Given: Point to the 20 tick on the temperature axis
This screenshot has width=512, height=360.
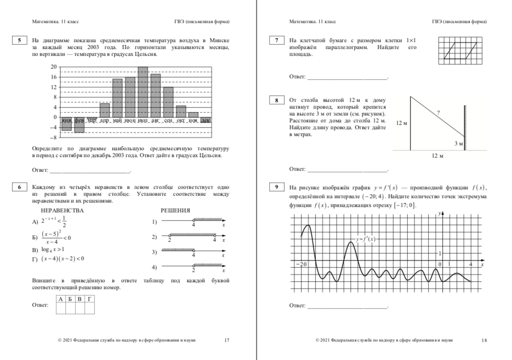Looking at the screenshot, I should (53, 67).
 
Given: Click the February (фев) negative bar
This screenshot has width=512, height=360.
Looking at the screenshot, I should (79, 125).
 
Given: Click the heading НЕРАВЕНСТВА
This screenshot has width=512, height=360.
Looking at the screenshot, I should (62, 210).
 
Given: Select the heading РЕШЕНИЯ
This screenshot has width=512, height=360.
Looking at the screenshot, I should (176, 210).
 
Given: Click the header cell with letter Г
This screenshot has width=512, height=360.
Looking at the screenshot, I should (89, 298).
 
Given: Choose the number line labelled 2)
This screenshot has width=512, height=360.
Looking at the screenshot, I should (192, 237).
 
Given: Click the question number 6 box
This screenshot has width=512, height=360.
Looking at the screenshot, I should (19, 187).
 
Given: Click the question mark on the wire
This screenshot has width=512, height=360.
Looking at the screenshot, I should (438, 113).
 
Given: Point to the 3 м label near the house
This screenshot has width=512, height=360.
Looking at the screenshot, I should (458, 143).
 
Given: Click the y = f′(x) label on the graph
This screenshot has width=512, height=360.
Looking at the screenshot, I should (366, 239).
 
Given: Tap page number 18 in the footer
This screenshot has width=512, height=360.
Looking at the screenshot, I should (484, 340).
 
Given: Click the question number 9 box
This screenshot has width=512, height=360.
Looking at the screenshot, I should (277, 187).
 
